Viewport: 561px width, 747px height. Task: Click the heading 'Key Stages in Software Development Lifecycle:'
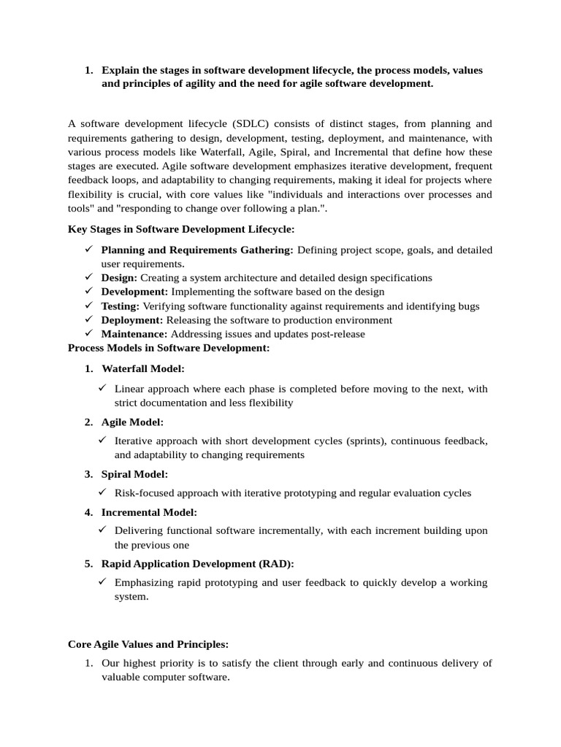181,229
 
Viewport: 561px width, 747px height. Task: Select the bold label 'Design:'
119,278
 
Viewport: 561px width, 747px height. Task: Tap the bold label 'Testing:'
121,306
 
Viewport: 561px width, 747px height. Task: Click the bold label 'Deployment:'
132,320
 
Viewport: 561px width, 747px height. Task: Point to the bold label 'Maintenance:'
134,334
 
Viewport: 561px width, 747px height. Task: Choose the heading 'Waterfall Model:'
143,369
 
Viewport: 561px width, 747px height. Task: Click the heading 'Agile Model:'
132,422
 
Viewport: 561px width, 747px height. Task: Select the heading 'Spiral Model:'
134,474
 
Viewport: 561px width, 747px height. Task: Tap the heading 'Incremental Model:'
149,513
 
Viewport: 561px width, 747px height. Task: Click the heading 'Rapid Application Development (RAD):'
198,564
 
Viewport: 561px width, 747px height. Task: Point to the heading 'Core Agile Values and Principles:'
148,644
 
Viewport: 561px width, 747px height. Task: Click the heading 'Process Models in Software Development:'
169,348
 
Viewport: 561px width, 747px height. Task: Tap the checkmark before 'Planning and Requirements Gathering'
87,249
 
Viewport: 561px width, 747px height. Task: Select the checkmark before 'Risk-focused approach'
103,492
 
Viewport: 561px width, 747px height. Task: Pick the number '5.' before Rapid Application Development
88,564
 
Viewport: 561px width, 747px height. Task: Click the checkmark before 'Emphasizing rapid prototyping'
103,581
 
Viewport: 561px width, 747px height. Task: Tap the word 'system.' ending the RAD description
131,597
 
